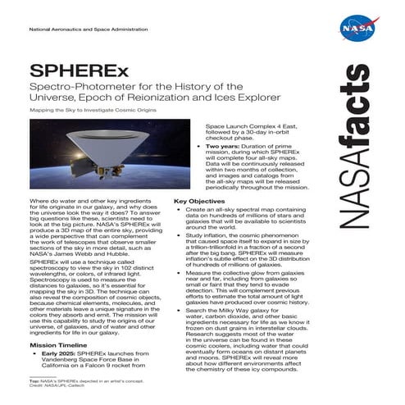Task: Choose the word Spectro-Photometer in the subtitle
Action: [75, 87]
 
